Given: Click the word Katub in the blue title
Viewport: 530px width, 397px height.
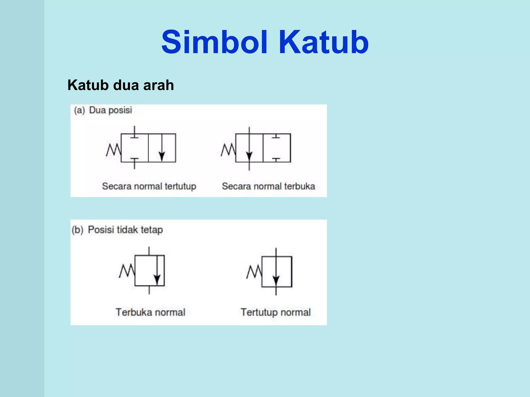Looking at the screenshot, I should click(323, 42).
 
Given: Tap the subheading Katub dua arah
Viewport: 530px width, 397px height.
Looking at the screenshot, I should click(121, 85).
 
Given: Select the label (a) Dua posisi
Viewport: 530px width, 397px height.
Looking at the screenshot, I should click(103, 110).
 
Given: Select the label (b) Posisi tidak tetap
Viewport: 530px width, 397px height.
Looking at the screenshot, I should click(117, 230).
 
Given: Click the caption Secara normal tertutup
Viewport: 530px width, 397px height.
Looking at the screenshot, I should click(149, 186).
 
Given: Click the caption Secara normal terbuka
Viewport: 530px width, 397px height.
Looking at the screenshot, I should click(268, 186).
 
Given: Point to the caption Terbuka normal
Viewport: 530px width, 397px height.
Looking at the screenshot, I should click(150, 312).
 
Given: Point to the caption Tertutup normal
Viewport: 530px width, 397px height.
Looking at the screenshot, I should click(276, 312).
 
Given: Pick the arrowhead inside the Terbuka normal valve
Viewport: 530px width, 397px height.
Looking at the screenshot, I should click(157, 279).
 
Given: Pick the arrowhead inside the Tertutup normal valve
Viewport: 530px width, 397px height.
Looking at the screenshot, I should click(276, 280).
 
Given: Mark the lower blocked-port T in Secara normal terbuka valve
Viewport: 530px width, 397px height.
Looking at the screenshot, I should click(276, 159).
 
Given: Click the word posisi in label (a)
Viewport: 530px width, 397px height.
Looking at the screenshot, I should click(120, 110).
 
